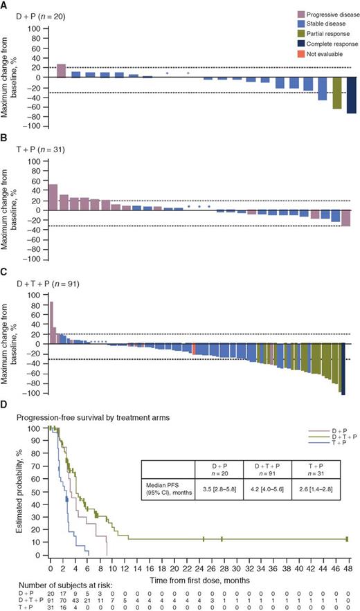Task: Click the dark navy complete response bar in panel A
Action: tap(352, 95)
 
